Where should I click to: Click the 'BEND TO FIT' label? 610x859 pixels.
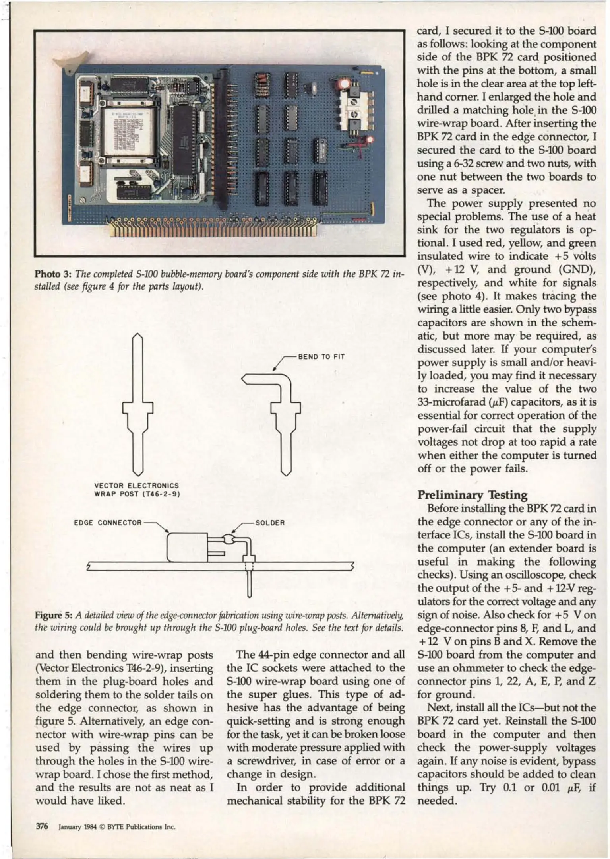(321, 356)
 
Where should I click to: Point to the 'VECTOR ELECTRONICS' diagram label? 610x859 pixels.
(136, 486)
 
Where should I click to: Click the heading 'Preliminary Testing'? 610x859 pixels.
(473, 495)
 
